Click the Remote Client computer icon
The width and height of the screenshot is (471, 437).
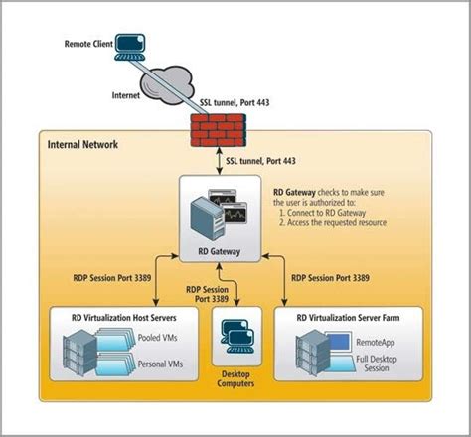pos(127,45)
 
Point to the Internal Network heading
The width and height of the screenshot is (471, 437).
pos(83,145)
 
